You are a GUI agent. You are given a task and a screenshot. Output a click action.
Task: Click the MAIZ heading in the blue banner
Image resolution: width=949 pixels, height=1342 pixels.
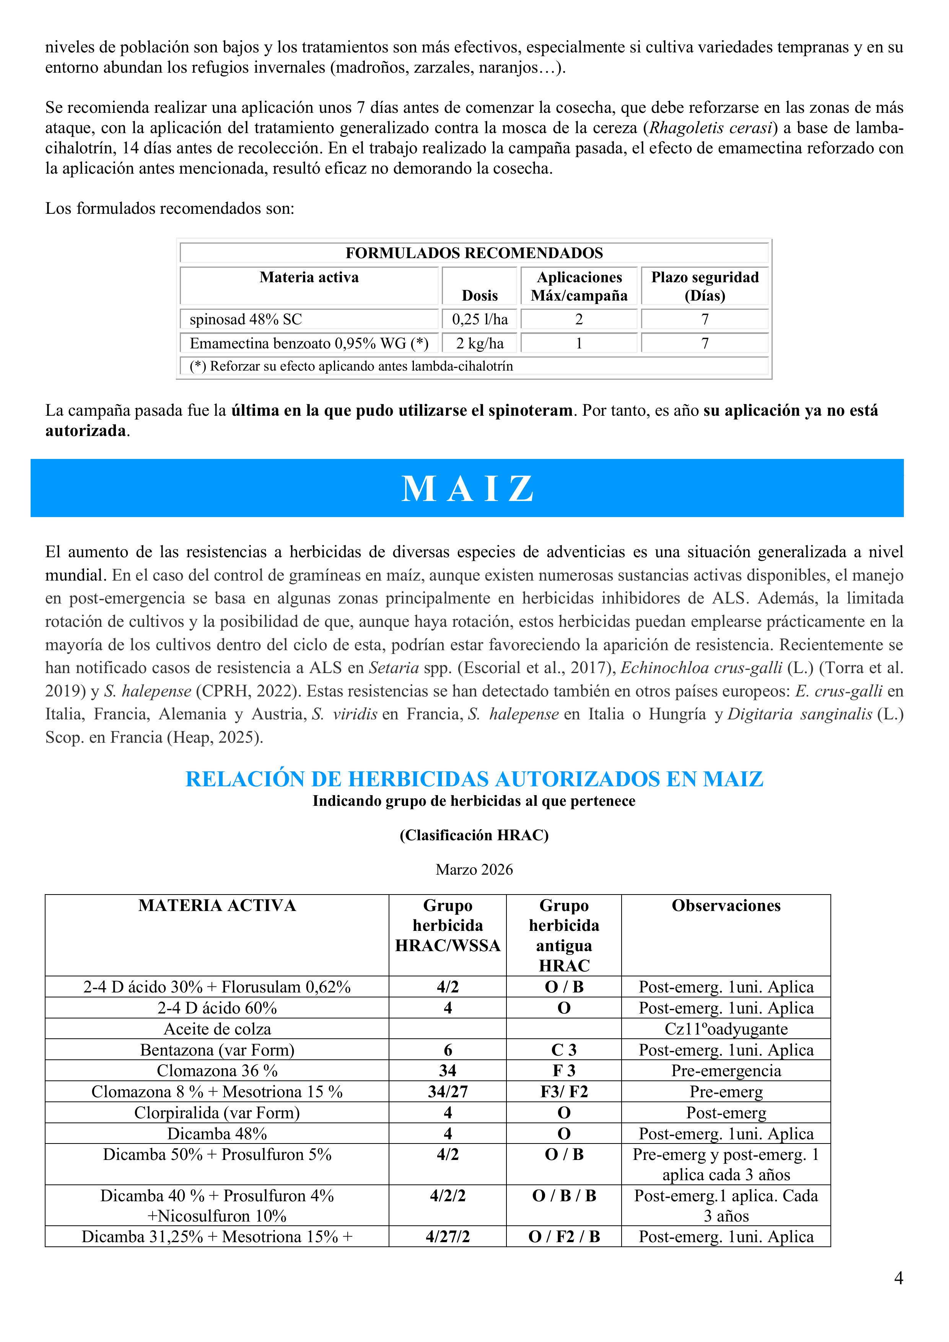468,489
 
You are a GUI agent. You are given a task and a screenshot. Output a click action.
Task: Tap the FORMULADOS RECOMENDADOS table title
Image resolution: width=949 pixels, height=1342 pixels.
474,253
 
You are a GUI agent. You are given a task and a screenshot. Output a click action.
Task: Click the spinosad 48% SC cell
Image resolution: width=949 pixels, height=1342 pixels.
246,319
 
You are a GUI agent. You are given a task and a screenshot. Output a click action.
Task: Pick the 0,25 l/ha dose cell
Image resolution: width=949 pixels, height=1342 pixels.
479,319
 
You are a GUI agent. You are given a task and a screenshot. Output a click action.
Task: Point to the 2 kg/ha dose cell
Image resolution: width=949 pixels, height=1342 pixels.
479,343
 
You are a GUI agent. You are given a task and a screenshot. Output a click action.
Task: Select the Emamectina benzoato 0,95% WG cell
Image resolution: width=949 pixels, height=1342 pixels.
309,343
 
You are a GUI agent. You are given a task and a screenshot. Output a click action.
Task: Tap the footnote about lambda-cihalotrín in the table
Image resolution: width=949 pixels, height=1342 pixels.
351,366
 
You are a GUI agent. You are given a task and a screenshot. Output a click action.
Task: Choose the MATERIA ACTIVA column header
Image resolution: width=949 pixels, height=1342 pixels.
217,905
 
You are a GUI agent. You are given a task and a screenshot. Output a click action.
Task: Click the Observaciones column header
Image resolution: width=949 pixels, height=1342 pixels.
726,905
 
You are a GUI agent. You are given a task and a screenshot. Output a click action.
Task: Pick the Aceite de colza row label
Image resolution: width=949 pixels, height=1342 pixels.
217,1029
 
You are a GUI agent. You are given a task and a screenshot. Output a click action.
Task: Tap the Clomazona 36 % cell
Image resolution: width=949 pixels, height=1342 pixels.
217,1071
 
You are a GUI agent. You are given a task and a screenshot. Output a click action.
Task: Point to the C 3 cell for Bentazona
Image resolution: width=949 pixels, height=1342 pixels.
564,1050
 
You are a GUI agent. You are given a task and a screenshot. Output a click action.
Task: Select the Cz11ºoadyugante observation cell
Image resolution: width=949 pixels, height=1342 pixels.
726,1029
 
